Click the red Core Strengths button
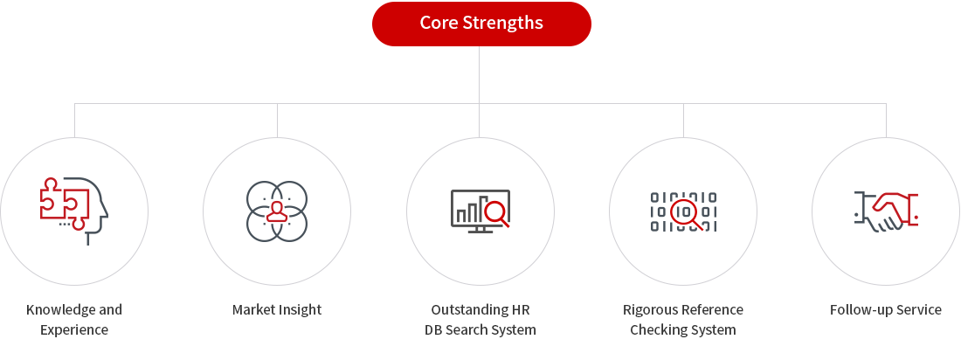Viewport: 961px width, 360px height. [481, 24]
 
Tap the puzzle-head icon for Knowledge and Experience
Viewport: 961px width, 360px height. [74, 211]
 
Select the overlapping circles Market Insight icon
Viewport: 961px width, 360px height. [277, 211]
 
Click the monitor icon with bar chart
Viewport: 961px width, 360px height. [480, 211]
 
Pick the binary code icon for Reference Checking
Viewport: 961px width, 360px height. [683, 211]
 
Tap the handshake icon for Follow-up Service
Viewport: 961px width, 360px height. [886, 211]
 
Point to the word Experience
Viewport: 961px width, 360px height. [74, 330]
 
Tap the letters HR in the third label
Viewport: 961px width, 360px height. [522, 309]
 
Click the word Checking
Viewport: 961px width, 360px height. [656, 330]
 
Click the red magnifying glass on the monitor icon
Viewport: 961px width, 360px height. [496, 214]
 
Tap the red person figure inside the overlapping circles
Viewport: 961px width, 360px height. [277, 211]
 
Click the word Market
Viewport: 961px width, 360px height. [252, 309]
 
